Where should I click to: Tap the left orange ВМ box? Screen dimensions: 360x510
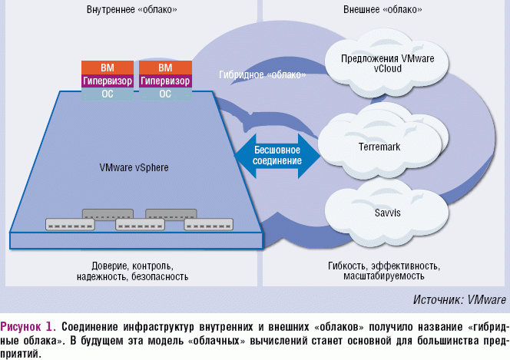coord(107,68)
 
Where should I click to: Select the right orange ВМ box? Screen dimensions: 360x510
coord(165,68)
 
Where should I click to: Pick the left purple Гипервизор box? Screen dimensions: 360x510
coord(107,80)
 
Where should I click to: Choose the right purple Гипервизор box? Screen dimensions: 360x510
coord(165,80)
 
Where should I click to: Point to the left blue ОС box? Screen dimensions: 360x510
coord(107,93)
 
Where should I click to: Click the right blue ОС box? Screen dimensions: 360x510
coord(165,93)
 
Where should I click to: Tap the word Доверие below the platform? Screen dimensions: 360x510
coord(98,265)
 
